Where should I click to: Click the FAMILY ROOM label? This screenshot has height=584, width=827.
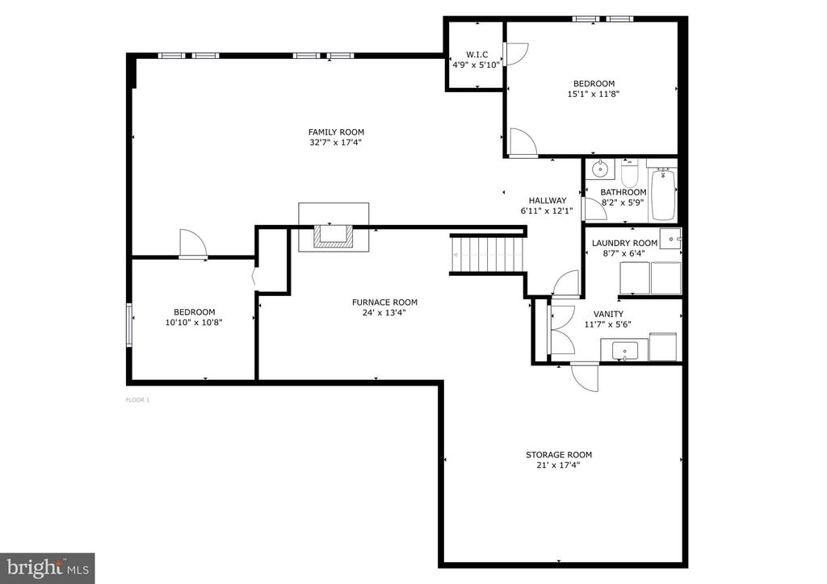click(336, 132)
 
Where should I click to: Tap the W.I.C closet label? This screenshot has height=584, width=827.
click(476, 55)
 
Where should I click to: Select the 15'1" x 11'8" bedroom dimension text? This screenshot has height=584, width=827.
click(594, 94)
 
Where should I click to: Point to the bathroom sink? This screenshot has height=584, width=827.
click(600, 169)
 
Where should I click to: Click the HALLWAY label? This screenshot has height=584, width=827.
click(548, 201)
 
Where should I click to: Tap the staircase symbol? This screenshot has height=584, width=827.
click(488, 254)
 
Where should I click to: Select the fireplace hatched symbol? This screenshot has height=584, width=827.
click(334, 236)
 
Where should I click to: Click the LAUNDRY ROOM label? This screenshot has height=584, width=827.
click(624, 244)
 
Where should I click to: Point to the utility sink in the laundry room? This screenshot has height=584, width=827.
click(671, 238)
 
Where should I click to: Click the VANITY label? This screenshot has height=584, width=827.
click(608, 315)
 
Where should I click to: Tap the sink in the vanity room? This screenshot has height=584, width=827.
click(624, 350)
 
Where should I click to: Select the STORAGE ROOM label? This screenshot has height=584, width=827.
click(559, 455)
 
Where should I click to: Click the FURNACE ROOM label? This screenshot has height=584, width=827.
click(384, 302)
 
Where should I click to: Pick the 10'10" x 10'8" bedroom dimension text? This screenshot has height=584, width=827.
click(194, 323)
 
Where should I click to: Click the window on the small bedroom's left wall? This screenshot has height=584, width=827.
click(128, 324)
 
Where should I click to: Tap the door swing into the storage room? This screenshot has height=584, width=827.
click(585, 377)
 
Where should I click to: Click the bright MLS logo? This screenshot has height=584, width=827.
click(48, 568)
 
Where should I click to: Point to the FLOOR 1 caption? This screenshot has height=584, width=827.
click(137, 400)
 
